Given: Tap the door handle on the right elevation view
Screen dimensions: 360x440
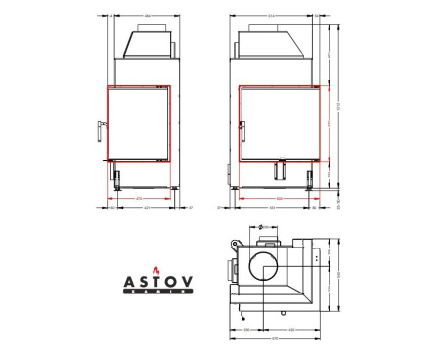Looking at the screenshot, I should coord(242,126).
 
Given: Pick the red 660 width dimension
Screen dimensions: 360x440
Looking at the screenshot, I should coord(279,198).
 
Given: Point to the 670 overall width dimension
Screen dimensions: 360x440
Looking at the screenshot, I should coord(275,339).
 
